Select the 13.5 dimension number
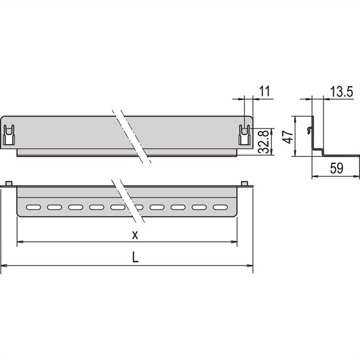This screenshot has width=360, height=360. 341,91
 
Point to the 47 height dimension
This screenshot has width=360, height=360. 287,137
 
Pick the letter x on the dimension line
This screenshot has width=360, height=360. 135,234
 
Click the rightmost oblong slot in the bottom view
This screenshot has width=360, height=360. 220,207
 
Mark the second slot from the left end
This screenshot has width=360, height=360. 55,207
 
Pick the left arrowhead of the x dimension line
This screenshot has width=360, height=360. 20,242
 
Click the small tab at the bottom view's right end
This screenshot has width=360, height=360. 245,183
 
